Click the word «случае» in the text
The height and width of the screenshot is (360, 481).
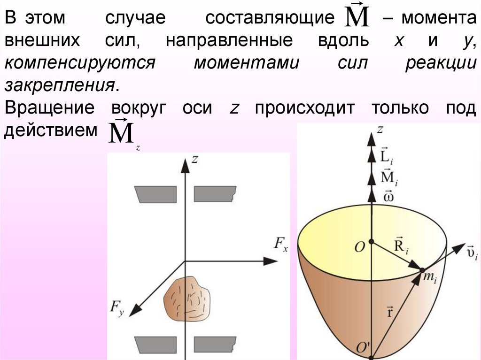point(136,19)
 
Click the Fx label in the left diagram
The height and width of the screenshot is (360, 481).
point(280,244)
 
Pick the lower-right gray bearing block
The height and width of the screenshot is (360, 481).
point(214,344)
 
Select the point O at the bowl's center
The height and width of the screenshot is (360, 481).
point(371,242)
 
